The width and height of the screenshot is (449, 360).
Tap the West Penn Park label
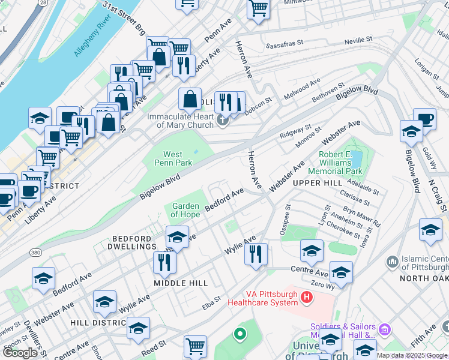click(x=173, y=158)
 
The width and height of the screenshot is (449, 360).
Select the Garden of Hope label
click(x=185, y=210)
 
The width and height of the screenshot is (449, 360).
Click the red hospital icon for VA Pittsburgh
click(x=307, y=296)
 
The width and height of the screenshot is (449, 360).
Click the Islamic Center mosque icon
click(x=393, y=262)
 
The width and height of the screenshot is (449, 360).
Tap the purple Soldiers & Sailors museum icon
click(x=384, y=329)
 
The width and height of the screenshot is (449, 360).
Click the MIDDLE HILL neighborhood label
click(x=181, y=283)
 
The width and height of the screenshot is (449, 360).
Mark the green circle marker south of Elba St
click(x=240, y=333)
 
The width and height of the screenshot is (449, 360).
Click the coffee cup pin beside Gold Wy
click(x=424, y=119)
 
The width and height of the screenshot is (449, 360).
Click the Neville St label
click(x=359, y=41)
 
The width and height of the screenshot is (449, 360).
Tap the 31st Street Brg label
click(x=123, y=17)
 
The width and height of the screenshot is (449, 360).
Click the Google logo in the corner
click(x=20, y=353)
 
